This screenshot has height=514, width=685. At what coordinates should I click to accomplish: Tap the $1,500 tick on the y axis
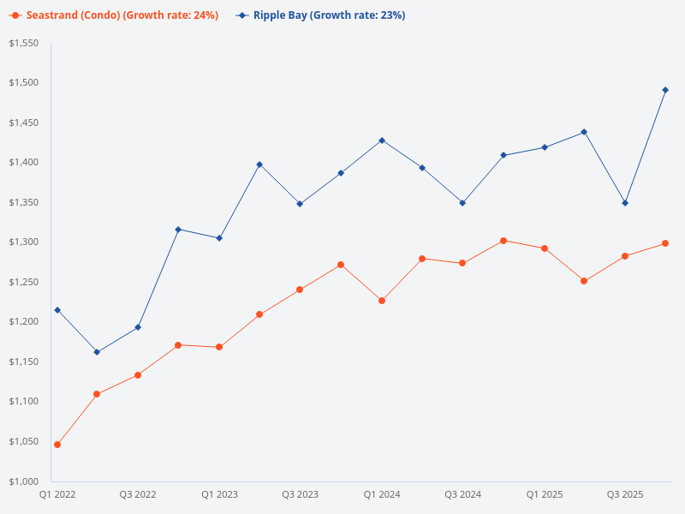[24, 83]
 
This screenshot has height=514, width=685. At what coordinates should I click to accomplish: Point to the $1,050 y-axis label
[24, 441]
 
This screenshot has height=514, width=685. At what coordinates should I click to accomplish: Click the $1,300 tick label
[24, 242]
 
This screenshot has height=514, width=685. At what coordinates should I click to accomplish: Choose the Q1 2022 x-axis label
[57, 494]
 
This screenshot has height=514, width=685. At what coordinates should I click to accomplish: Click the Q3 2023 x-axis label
[301, 494]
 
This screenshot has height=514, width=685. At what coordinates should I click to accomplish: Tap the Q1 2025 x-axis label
[544, 494]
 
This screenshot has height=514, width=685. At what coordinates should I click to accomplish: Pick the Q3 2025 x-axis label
[625, 494]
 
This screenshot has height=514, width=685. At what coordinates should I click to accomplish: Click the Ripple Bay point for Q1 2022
[57, 310]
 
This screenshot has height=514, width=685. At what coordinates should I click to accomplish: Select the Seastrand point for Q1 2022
[57, 445]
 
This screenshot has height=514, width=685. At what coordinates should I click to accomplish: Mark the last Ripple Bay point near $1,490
[665, 90]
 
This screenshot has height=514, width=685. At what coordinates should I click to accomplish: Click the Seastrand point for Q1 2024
[382, 301]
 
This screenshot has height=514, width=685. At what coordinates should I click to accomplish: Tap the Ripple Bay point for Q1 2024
[382, 140]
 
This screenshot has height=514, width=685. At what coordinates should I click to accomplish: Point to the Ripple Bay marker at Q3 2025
[625, 203]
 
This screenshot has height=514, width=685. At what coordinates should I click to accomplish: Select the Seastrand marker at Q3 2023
[301, 290]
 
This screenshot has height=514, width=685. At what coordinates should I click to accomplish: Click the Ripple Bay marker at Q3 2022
[138, 327]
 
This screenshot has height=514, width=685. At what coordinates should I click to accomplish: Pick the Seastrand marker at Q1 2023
[219, 347]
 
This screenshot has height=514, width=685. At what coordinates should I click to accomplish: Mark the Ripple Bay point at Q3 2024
[462, 203]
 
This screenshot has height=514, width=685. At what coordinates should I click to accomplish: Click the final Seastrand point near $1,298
[665, 243]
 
